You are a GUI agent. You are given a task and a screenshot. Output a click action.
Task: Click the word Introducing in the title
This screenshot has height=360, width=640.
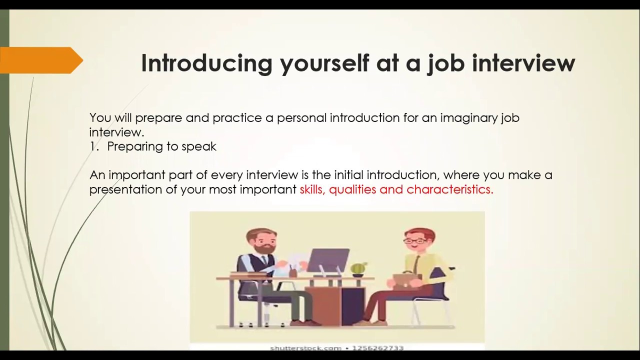[206, 63]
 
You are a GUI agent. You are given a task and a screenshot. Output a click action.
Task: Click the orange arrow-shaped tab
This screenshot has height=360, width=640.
[40, 60]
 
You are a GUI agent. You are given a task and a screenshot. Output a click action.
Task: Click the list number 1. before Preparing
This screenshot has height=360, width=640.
[95, 146]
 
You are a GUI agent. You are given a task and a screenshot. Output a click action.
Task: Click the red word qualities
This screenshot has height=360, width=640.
[352, 189]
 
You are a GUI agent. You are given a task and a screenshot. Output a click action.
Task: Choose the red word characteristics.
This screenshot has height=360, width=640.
[450, 189]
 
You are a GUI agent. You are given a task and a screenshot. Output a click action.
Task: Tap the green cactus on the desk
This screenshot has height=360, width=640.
[358, 268]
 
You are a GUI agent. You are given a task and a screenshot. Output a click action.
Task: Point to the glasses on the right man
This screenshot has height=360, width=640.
[416, 240]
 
